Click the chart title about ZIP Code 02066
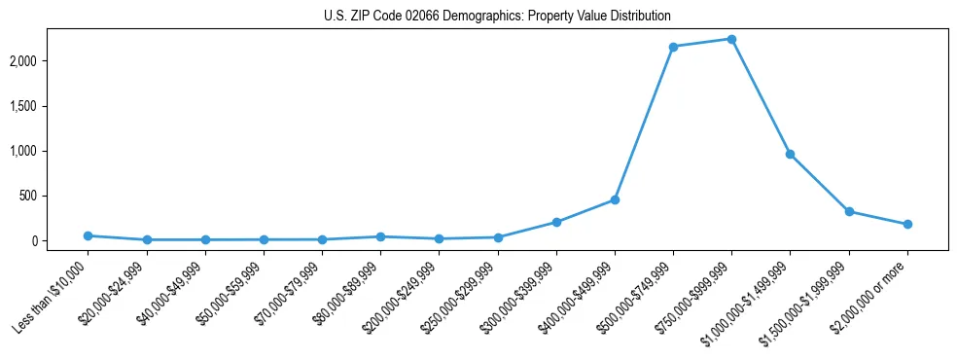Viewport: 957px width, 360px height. (497, 17)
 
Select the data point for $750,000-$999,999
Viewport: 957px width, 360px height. (731, 39)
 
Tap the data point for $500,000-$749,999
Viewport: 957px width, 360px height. (673, 47)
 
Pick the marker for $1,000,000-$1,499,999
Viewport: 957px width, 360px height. (790, 154)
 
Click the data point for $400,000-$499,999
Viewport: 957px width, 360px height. (615, 199)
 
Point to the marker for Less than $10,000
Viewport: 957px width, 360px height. (88, 235)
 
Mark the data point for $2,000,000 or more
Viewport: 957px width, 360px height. (907, 224)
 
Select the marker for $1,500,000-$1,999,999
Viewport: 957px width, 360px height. (849, 211)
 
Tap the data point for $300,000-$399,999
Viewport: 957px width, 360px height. (556, 222)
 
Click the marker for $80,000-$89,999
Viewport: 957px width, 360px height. (380, 236)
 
